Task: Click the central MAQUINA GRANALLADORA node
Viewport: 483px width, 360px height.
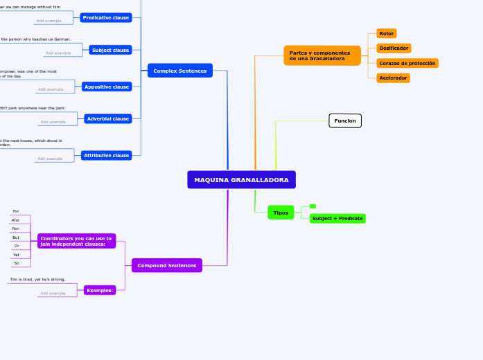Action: tap(241, 180)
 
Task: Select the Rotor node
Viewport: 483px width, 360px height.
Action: tap(386, 33)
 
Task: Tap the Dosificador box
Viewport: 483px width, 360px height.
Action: tap(393, 48)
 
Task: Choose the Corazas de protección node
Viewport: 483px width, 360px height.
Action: tap(407, 63)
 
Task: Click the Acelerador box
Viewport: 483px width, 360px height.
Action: tap(392, 78)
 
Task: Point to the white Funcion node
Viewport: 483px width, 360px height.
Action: tap(344, 121)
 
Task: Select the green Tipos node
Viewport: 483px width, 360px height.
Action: tap(281, 213)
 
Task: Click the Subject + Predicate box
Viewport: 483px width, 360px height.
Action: tap(337, 219)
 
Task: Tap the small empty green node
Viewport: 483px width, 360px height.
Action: tap(313, 206)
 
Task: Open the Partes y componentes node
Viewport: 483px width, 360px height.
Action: tap(322, 55)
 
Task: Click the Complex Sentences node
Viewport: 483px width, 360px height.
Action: tap(179, 71)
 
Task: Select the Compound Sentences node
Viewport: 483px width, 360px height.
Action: tap(166, 265)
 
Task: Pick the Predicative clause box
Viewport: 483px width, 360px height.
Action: tap(105, 17)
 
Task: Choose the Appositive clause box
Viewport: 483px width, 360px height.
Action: tap(106, 87)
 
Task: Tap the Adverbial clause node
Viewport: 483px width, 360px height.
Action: tap(107, 119)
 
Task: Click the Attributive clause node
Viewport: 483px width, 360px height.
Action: tap(106, 156)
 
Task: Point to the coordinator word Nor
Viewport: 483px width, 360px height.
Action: tap(16, 228)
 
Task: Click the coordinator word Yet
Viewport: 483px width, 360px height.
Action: tap(16, 255)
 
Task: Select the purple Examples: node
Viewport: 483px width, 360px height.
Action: tap(100, 290)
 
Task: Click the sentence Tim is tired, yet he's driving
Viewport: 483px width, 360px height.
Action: tap(37, 280)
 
